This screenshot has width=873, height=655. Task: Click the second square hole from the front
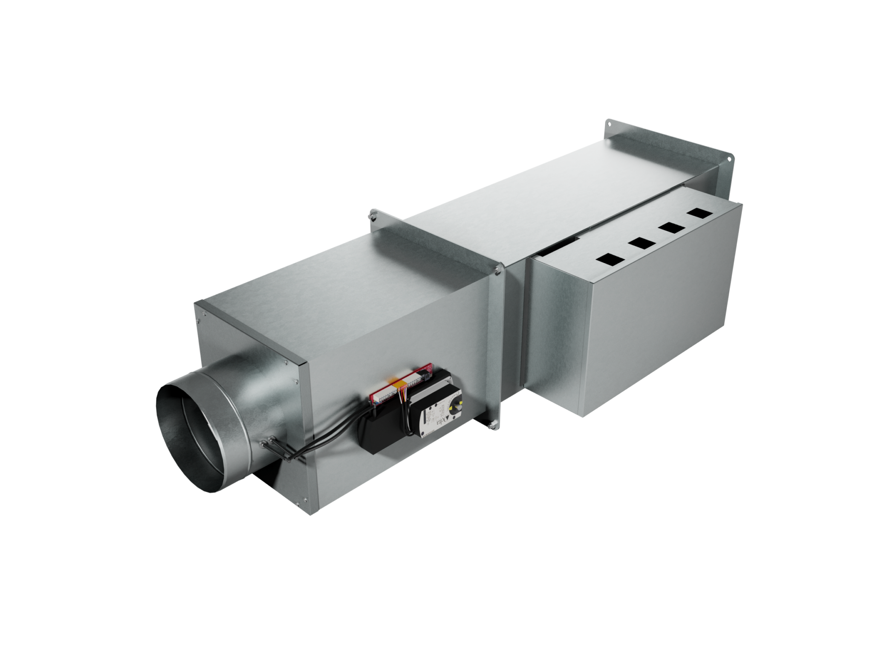(641, 243)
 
